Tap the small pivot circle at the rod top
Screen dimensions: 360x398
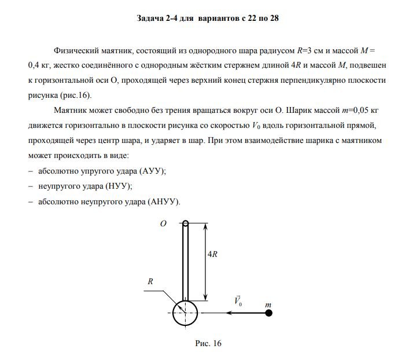pyautogui.click(x=185, y=224)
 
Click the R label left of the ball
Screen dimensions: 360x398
pyautogui.click(x=150, y=281)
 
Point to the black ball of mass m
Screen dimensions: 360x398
pyautogui.click(x=269, y=313)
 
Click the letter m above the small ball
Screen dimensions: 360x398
pyautogui.click(x=268, y=303)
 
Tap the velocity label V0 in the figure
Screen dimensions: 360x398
pyautogui.click(x=238, y=302)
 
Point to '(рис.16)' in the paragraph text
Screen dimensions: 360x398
pyautogui.click(x=77, y=95)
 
